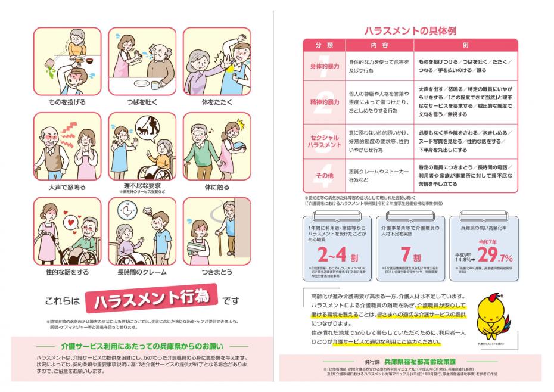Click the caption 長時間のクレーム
[142, 272]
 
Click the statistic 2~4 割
[335, 256]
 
